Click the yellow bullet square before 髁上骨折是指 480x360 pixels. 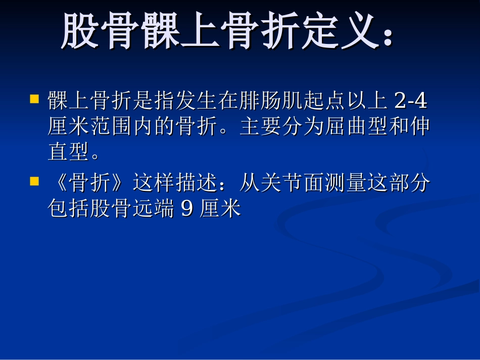point(35,98)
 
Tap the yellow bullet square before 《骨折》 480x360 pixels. point(35,181)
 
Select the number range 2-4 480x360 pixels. point(410,101)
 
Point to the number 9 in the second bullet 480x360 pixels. point(186,208)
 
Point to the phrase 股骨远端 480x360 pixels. point(132,208)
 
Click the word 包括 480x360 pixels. point(69,208)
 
